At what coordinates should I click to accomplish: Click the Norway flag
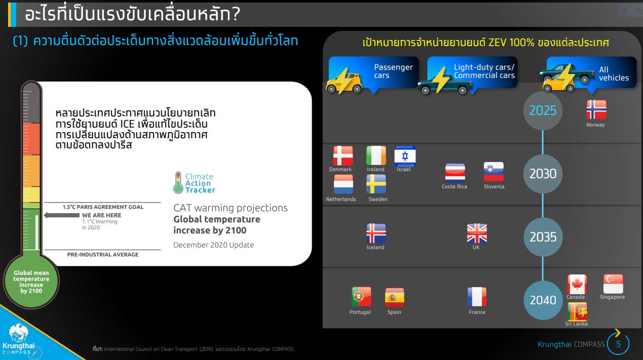pyautogui.click(x=596, y=109)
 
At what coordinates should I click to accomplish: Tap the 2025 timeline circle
pyautogui.click(x=543, y=111)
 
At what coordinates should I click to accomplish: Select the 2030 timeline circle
pyautogui.click(x=543, y=174)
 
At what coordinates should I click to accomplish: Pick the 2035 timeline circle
pyautogui.click(x=543, y=237)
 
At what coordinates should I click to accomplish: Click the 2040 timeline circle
pyautogui.click(x=543, y=300)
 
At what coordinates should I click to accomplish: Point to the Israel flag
pyautogui.click(x=405, y=156)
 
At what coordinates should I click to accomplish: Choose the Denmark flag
pyautogui.click(x=343, y=156)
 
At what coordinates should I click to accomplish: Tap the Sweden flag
pyautogui.click(x=376, y=184)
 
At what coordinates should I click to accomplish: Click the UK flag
pyautogui.click(x=477, y=233)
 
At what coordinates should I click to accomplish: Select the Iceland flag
pyautogui.click(x=376, y=233)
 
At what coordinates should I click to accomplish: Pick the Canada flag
pyautogui.click(x=577, y=284)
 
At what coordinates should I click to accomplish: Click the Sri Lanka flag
pyautogui.click(x=577, y=312)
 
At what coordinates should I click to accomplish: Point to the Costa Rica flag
pyautogui.click(x=455, y=173)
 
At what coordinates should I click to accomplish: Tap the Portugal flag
pyautogui.click(x=361, y=297)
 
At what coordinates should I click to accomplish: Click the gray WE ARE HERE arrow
pyautogui.click(x=62, y=215)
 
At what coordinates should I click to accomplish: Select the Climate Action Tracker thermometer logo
pyautogui.click(x=178, y=183)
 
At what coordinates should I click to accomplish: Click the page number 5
pyautogui.click(x=619, y=344)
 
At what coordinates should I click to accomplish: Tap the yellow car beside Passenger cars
pyautogui.click(x=344, y=83)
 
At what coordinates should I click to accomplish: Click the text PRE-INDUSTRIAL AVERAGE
pyautogui.click(x=103, y=255)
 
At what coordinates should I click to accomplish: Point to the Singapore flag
pyautogui.click(x=613, y=284)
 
